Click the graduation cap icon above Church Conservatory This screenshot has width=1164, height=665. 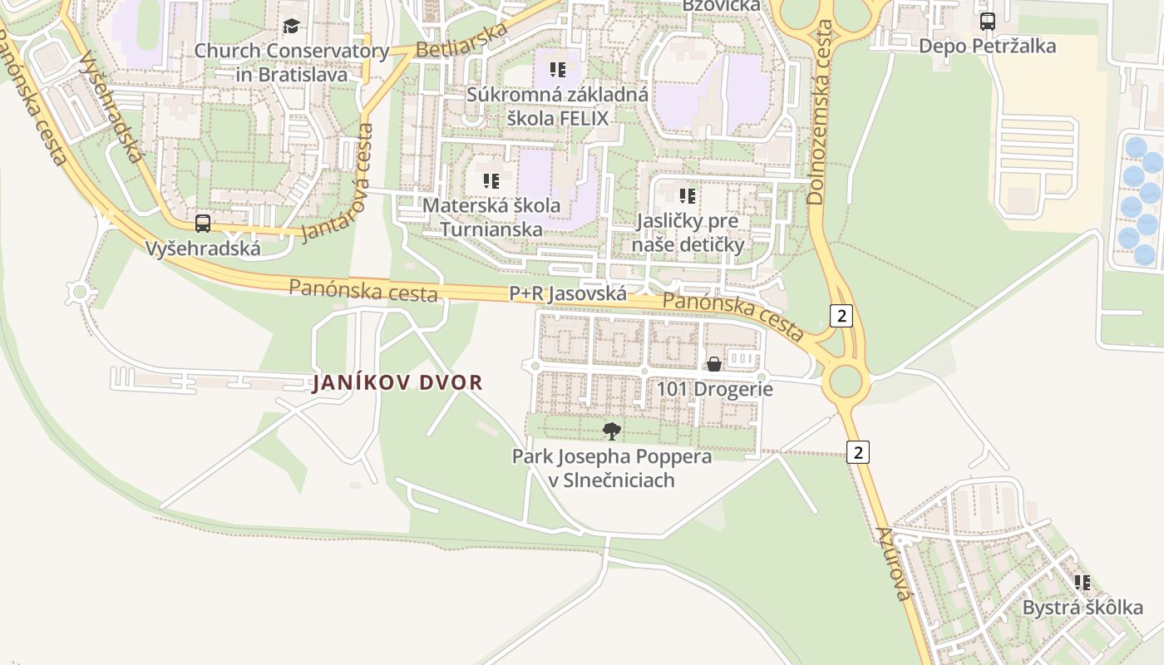(290, 27)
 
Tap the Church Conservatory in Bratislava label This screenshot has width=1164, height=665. (292, 62)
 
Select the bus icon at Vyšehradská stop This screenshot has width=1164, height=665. (203, 224)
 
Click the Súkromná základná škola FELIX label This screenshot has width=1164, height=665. (557, 106)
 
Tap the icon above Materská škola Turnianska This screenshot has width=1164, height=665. (491, 180)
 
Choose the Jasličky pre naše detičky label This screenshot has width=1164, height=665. (688, 233)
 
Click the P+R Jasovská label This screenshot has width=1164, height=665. (568, 293)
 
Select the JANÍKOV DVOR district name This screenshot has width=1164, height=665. (397, 383)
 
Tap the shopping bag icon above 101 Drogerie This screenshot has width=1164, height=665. (713, 364)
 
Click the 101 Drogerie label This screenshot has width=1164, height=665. (715, 389)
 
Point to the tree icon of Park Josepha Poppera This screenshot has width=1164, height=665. (612, 431)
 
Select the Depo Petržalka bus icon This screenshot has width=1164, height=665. (987, 22)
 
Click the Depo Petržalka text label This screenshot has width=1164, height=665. (987, 46)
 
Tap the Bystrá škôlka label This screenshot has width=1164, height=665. (1083, 608)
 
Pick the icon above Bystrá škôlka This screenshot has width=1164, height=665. (1082, 583)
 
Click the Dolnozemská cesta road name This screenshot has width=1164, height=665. (820, 112)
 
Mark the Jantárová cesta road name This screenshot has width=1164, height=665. (339, 183)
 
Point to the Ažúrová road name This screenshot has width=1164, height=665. (894, 563)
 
